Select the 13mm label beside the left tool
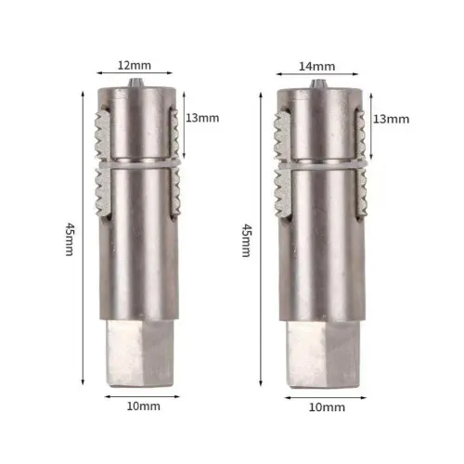tap(203, 119)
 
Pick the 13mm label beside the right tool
tap(391, 119)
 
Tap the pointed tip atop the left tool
tap(135, 84)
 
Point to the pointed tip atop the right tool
tap(318, 84)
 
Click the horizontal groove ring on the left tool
tap(135, 166)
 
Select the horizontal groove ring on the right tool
tap(320, 166)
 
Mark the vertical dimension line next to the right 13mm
tap(367, 121)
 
